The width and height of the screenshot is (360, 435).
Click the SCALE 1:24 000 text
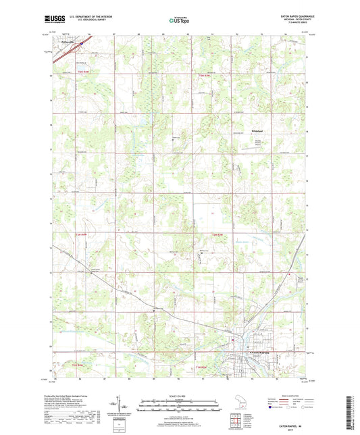[179, 396]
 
